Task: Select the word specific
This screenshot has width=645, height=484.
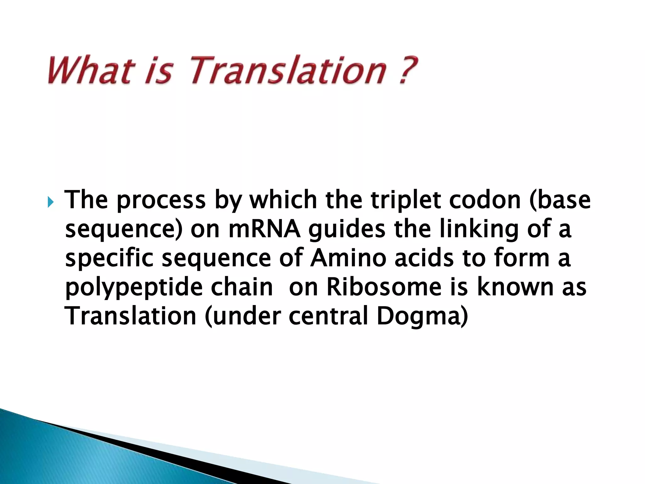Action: click(109, 258)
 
